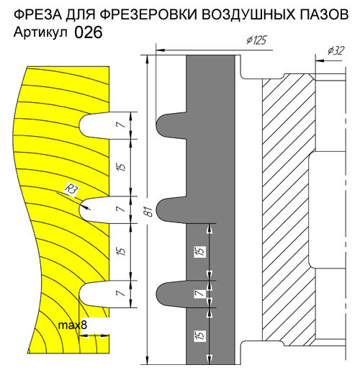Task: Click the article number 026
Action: click(89, 32)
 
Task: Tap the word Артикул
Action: click(40, 32)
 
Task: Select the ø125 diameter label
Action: click(256, 40)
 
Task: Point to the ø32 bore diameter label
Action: click(336, 50)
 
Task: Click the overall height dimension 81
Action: click(149, 212)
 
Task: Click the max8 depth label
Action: click(73, 325)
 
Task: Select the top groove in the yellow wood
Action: click(94, 125)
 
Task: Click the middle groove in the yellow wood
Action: click(94, 210)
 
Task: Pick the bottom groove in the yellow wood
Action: click(94, 294)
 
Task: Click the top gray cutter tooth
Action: click(171, 125)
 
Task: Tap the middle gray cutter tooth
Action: click(171, 210)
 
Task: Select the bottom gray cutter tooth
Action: click(171, 294)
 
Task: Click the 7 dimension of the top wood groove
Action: click(122, 125)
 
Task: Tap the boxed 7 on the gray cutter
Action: click(200, 293)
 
